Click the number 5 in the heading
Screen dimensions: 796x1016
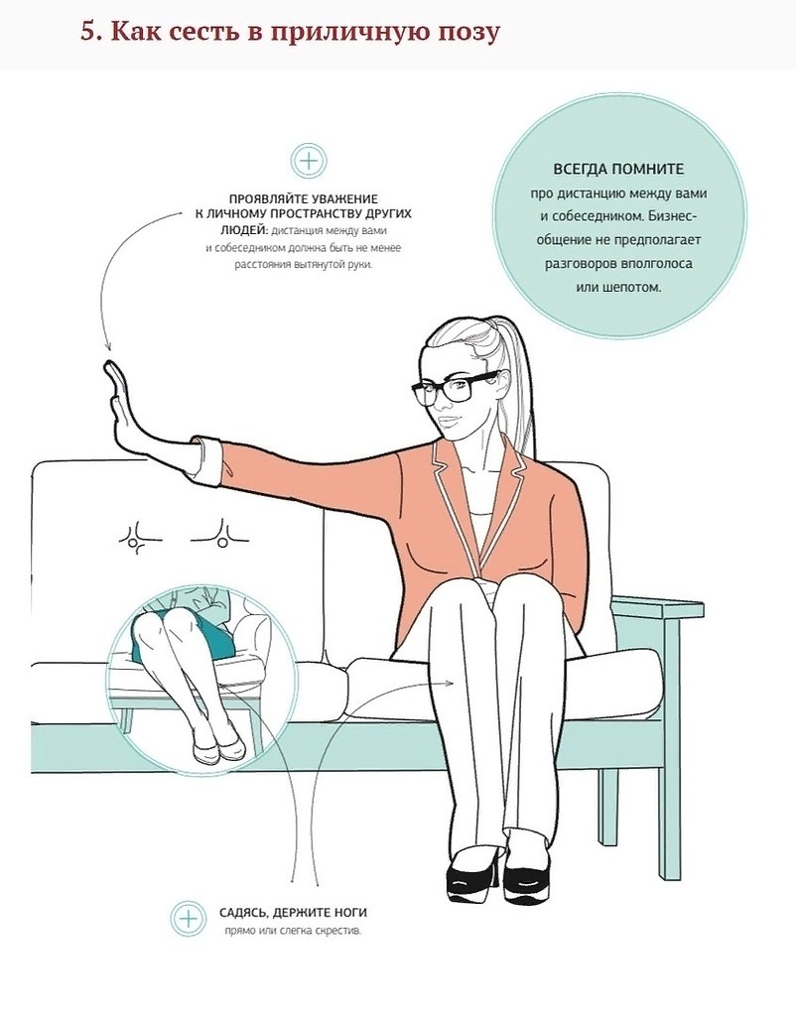point(88,32)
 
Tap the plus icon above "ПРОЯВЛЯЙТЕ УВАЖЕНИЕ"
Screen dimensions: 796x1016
point(310,161)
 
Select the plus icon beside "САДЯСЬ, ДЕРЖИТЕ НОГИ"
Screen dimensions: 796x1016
point(188,919)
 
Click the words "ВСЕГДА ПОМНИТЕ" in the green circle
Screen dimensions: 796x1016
point(618,169)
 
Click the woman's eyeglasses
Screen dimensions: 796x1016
point(457,388)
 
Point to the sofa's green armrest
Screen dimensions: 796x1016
point(656,606)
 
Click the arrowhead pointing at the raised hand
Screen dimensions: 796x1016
point(107,348)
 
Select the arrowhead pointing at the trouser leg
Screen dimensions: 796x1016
point(454,682)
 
